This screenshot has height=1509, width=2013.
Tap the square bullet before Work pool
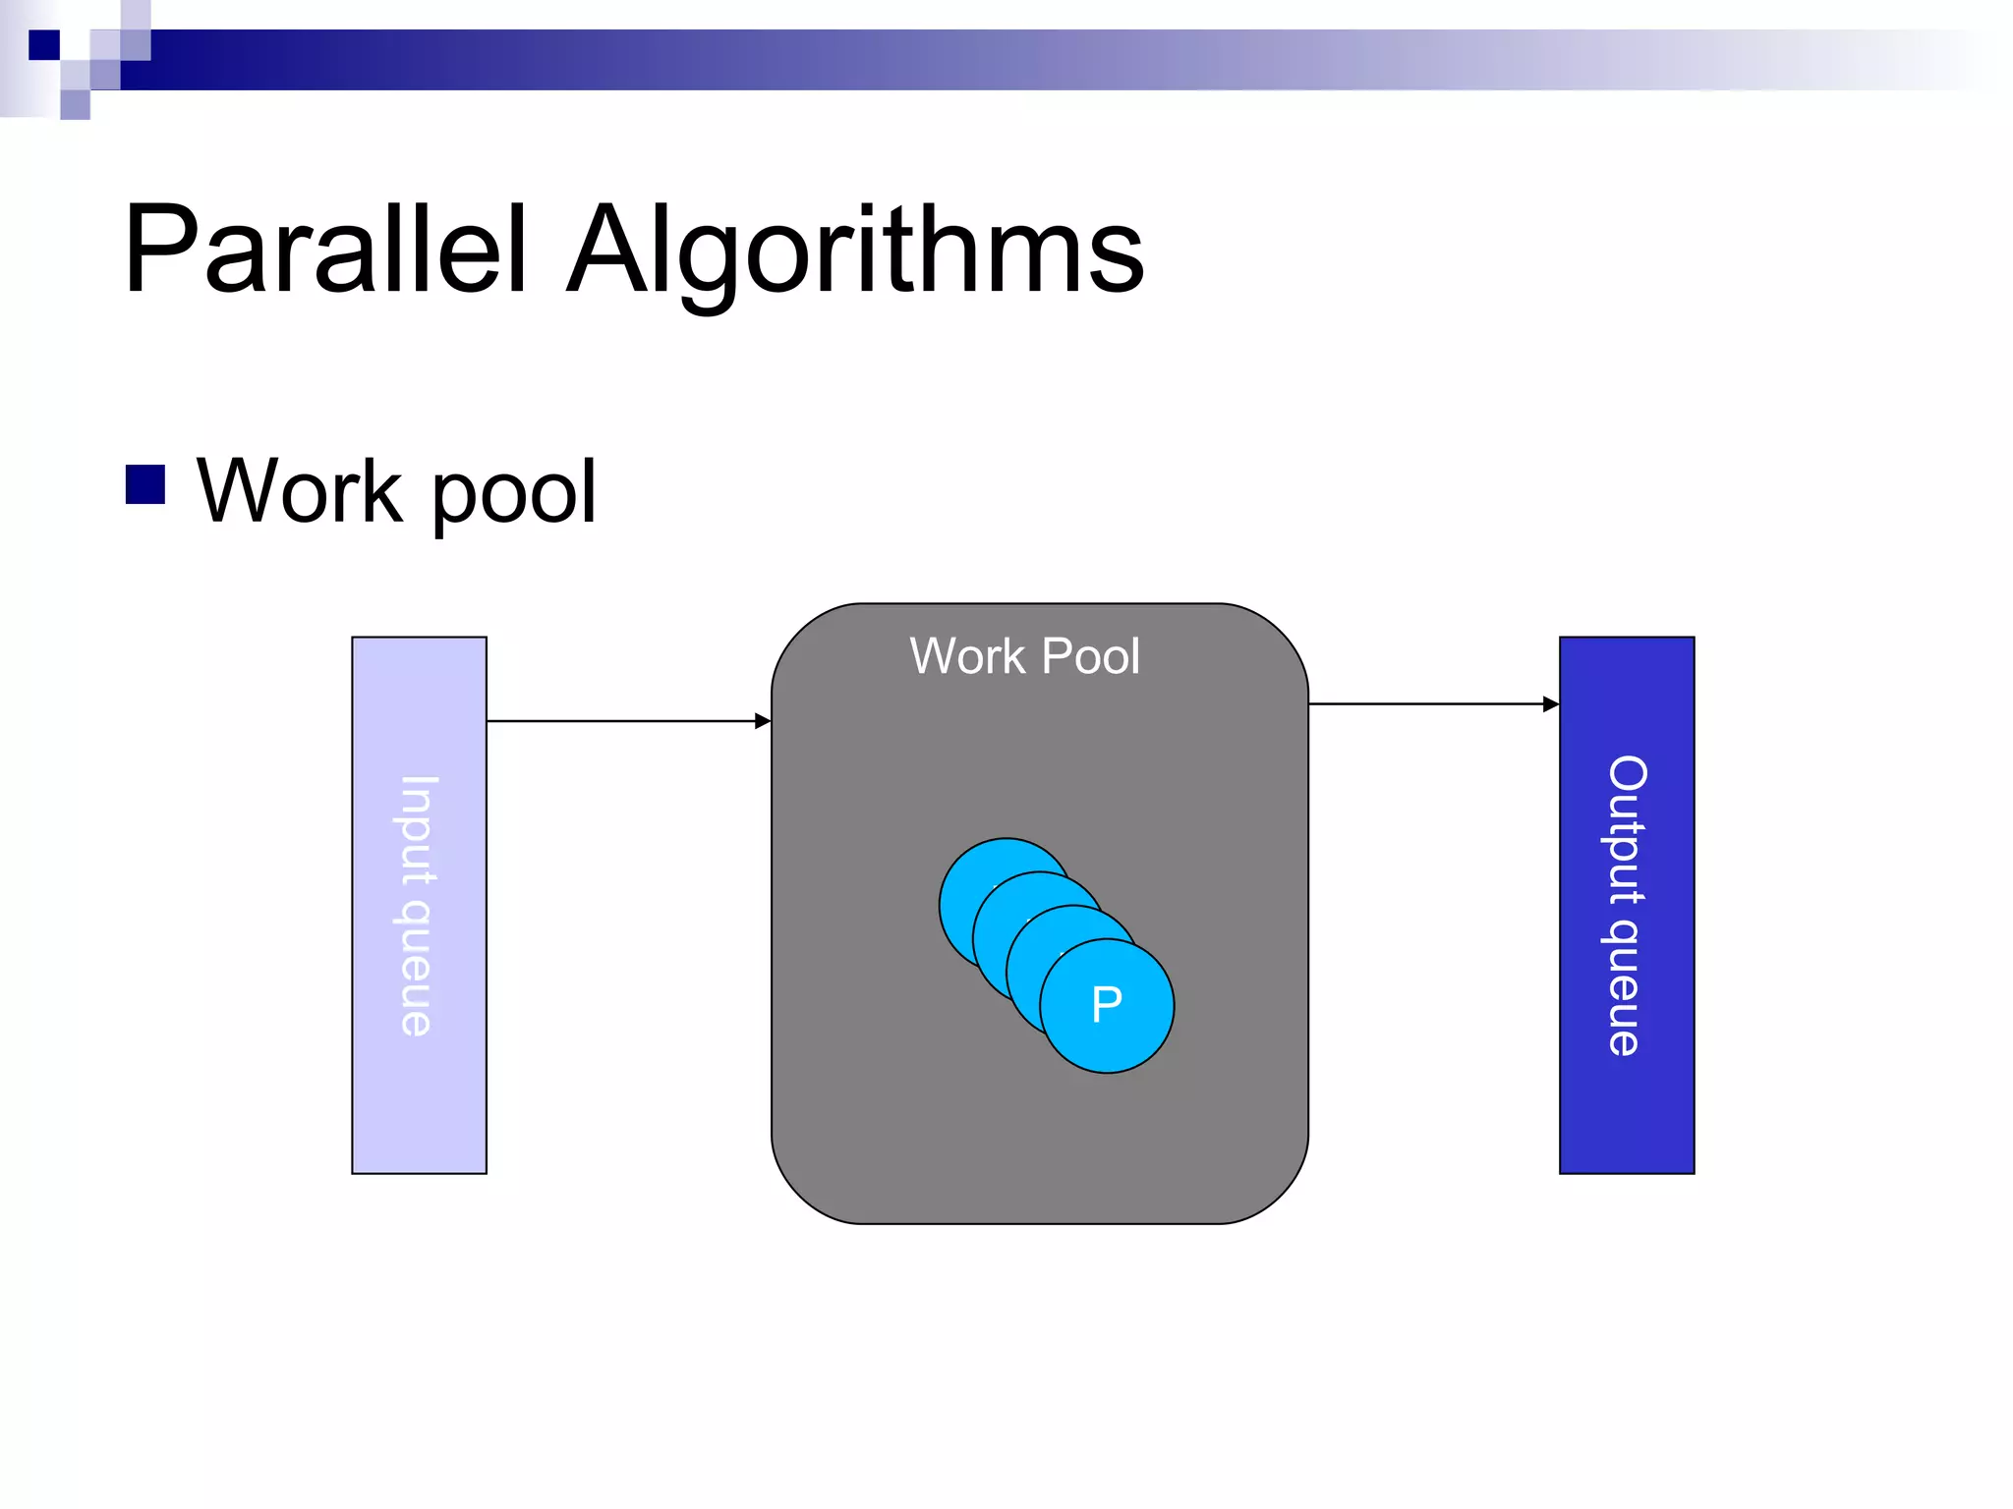(145, 484)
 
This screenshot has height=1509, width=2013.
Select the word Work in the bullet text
(300, 491)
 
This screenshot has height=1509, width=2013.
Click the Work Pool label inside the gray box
(1024, 656)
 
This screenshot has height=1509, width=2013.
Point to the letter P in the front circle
(1107, 1004)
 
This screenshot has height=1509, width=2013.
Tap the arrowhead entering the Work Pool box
(763, 721)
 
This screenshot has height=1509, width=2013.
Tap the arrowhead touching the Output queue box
(1551, 704)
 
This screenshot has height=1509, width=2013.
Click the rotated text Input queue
(418, 905)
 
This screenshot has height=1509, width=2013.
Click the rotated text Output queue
(1627, 905)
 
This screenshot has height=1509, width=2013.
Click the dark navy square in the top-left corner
(44, 45)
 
